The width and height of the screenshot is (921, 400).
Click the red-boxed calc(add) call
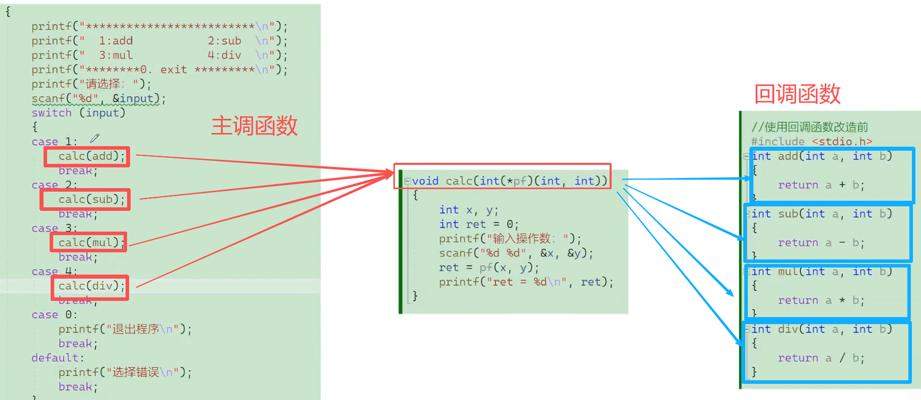[x=87, y=156]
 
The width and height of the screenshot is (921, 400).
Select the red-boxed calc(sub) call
[x=86, y=200]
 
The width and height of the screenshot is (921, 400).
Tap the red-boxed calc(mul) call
[x=89, y=243]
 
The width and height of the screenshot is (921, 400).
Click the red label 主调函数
[x=254, y=125]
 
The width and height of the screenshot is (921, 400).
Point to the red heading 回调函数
[x=797, y=94]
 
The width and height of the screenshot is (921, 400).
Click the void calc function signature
[x=508, y=181]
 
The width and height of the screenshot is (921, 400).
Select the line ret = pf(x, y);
[x=489, y=268]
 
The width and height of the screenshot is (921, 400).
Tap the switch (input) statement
[x=78, y=113]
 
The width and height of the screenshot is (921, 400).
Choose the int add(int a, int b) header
[x=821, y=156]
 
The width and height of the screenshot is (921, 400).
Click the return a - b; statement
[x=821, y=243]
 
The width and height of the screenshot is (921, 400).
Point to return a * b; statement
[x=821, y=300]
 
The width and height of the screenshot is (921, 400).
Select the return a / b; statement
[x=821, y=358]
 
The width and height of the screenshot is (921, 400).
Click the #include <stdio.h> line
[x=811, y=142]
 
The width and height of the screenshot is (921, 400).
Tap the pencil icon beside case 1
[x=95, y=138]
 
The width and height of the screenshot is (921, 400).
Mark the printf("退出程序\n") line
[x=125, y=329]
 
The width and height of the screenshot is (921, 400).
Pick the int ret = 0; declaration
[x=478, y=224]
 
